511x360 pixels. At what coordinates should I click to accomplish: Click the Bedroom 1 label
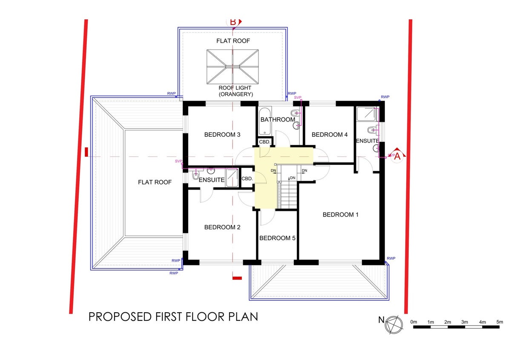coord(340,215)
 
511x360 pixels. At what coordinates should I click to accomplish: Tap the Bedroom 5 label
coord(277,238)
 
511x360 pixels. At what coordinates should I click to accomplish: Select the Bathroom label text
coord(278,120)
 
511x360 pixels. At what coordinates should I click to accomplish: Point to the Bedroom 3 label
coord(222,135)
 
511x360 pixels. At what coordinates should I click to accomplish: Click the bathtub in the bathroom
coord(265,121)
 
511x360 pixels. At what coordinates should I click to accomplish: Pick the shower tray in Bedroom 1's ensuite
coord(366,114)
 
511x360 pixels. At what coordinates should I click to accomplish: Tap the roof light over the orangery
coord(233,66)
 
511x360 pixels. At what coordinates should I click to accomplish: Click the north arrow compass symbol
coord(393,325)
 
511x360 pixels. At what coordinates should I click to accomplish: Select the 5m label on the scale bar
coord(500,322)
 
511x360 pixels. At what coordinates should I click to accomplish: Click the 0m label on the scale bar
coord(413,322)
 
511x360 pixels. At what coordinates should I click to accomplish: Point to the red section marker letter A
coord(397,157)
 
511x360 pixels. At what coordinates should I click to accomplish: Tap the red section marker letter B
coord(233,22)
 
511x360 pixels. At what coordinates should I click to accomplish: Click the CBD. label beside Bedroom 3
coord(264,142)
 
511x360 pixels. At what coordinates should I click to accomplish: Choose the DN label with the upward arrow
coord(293,178)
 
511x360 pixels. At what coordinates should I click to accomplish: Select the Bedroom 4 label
coord(330,135)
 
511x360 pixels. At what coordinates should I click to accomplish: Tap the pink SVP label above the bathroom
coord(298,98)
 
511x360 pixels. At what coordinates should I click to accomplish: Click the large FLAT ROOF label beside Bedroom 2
coord(155,182)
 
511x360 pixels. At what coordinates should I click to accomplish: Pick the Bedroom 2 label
coord(222,227)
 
